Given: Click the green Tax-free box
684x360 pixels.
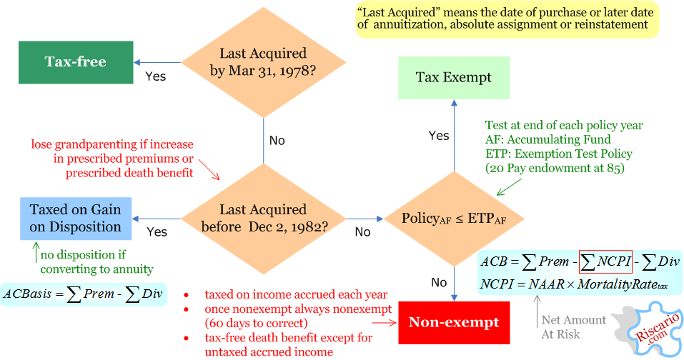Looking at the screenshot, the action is (76, 62).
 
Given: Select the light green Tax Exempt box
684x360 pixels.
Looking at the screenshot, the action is (454, 78).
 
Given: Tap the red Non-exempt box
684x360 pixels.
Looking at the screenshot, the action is (454, 323).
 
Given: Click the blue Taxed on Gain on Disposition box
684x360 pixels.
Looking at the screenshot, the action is (76, 219).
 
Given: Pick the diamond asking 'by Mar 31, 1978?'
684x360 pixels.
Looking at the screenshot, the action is (264, 62).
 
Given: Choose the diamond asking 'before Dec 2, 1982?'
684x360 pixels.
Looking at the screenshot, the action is (264, 219).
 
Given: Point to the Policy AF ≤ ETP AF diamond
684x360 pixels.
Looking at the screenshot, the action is (454, 219).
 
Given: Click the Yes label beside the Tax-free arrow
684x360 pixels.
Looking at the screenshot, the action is (156, 76).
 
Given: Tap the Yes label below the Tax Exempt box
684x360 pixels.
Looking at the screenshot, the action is (439, 136).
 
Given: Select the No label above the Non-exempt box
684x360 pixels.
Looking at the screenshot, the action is (439, 282).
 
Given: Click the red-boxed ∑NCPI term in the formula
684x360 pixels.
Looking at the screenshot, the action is (606, 261).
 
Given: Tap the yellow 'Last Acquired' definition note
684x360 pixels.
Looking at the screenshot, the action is (507, 19).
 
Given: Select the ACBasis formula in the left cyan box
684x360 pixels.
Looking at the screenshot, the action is (84, 294).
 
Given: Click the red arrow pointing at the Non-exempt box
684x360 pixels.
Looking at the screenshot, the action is (384, 323).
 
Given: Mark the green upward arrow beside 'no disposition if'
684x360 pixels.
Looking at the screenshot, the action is (36, 252).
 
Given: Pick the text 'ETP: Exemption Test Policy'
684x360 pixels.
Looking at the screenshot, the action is (559, 154).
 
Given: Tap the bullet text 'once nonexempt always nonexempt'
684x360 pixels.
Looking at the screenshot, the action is (298, 309).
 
